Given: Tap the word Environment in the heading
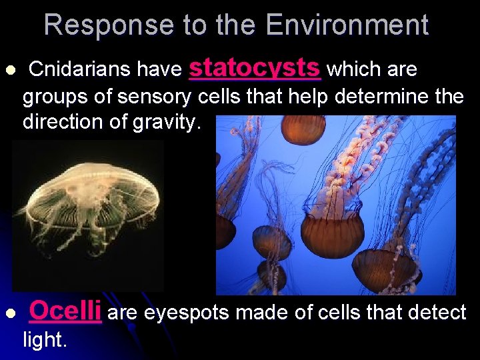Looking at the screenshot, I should [347, 25].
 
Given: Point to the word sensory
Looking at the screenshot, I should [156, 97].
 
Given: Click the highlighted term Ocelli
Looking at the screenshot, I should [65, 311].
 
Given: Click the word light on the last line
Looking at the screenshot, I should [44, 340].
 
